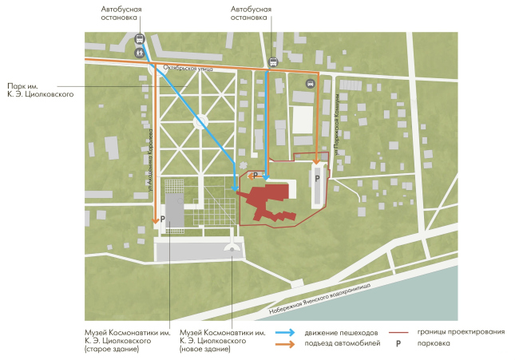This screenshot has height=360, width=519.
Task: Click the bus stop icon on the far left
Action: click(x=140, y=38)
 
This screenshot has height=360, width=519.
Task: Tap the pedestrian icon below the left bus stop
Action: click(x=140, y=53)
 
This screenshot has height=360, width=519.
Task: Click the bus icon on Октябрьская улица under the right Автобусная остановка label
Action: click(x=273, y=61)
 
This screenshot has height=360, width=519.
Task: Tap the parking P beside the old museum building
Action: click(x=162, y=218)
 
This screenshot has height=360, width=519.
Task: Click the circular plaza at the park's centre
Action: click(x=200, y=120)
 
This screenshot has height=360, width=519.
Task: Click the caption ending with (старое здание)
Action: click(x=117, y=341)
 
